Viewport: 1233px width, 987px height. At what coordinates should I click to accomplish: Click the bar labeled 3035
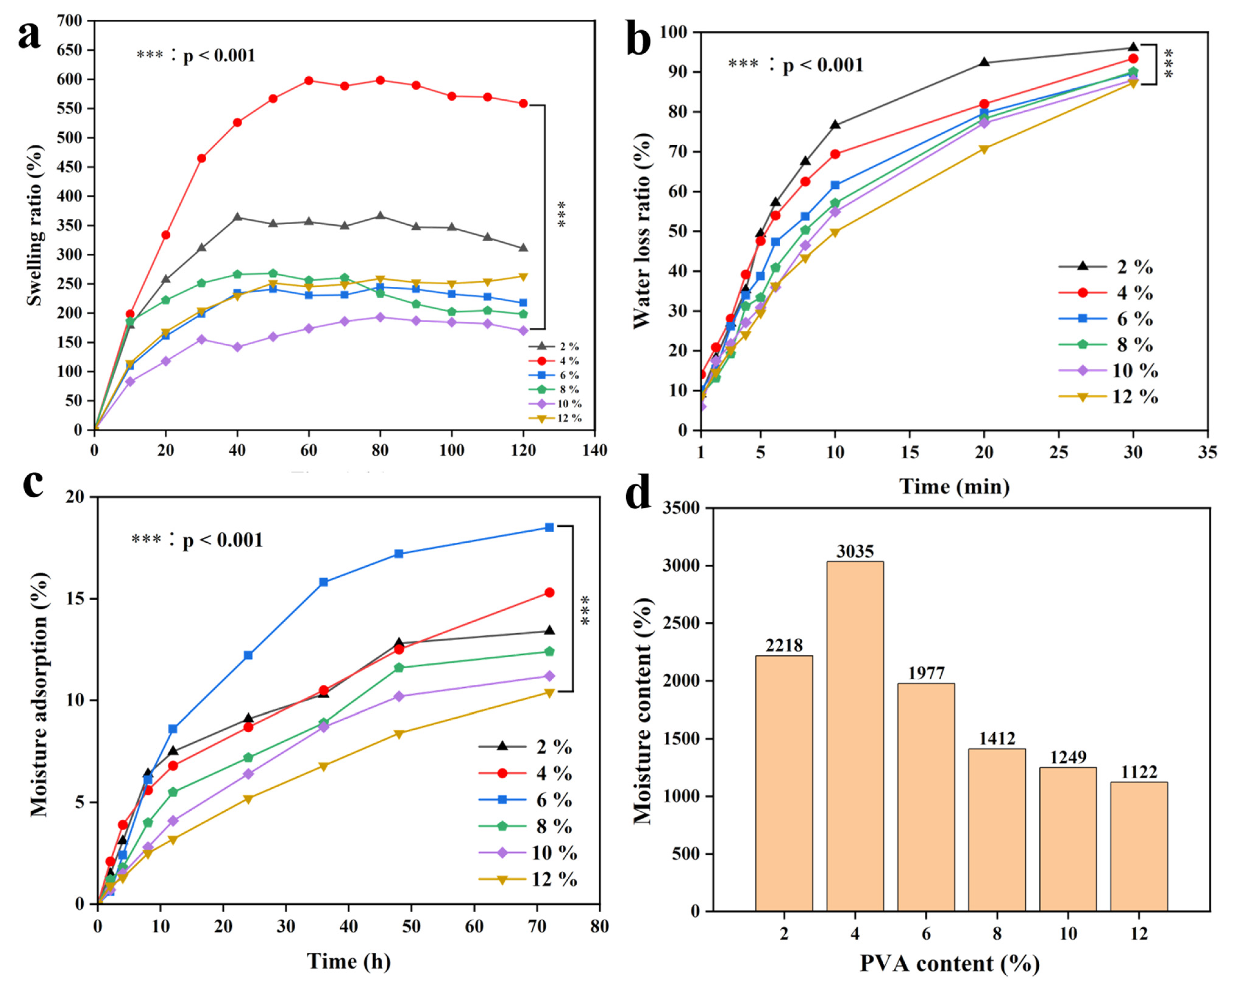pos(855,737)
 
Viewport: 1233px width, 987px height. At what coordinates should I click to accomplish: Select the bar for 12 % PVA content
pos(1139,847)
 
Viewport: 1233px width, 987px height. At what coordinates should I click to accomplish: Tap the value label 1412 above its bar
pos(997,739)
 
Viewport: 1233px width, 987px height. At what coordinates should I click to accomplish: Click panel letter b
pos(639,39)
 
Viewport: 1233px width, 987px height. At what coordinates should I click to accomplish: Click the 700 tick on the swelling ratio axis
pos(70,21)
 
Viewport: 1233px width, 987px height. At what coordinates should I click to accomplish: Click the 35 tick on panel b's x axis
pos(1207,452)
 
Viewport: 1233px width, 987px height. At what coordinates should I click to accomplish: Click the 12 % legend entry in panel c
pos(527,879)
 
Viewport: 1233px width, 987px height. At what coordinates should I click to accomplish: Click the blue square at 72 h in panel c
pos(549,527)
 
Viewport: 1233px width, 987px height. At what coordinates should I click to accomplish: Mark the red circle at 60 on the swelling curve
pos(309,81)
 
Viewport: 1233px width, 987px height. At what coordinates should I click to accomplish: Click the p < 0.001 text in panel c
pos(223,540)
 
